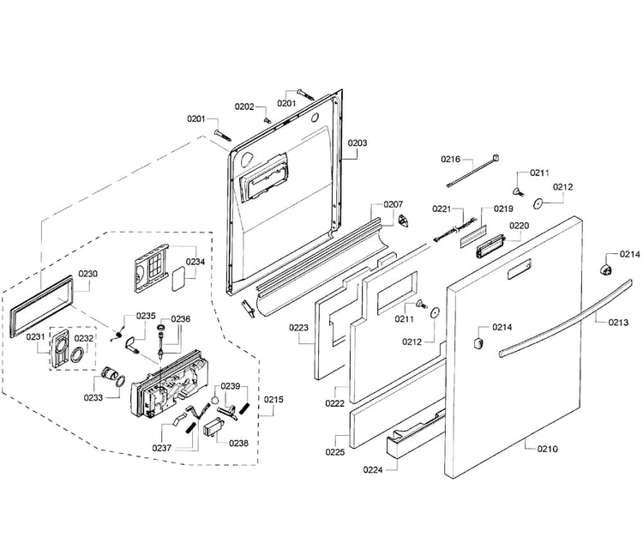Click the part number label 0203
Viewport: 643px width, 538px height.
tap(358, 142)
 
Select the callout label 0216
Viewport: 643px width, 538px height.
tap(451, 159)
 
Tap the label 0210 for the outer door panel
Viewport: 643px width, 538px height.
tap(548, 449)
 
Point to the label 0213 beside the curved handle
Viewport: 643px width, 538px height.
tap(618, 322)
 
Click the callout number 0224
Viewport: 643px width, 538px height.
tap(373, 469)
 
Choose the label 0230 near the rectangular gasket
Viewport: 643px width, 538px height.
tap(87, 274)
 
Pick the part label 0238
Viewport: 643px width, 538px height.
tap(238, 443)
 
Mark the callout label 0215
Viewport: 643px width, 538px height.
tap(273, 399)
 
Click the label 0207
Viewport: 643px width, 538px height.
tap(394, 204)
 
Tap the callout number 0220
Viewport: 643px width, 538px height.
tap(520, 226)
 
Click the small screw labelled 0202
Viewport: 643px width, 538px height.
tap(267, 121)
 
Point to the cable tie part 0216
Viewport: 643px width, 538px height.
tap(472, 171)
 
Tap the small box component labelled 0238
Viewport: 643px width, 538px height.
tap(213, 429)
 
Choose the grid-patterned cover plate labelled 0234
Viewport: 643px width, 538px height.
tap(151, 267)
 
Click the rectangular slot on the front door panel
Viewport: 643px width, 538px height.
tap(520, 269)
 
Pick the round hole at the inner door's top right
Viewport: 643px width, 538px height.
tap(315, 118)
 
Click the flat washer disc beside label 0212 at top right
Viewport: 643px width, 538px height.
tap(538, 203)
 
